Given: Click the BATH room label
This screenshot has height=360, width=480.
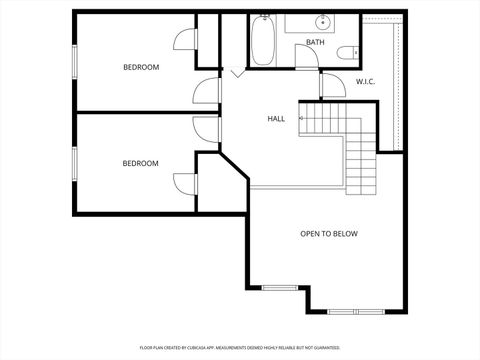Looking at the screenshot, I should [x=315, y=42].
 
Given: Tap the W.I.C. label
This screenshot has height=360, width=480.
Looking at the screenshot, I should [x=365, y=81].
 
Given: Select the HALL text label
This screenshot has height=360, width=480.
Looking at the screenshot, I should [x=276, y=118].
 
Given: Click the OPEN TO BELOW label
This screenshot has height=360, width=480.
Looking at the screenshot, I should [x=329, y=234].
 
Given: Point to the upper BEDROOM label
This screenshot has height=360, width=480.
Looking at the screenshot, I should [x=141, y=67].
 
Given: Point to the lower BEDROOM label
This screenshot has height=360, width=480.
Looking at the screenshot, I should [x=141, y=163].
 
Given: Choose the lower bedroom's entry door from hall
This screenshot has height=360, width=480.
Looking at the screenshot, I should [x=207, y=129].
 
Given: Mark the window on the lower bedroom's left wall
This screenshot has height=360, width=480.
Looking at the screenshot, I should [x=74, y=163].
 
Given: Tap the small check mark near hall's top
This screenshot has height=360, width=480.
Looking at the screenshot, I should [x=235, y=73].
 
